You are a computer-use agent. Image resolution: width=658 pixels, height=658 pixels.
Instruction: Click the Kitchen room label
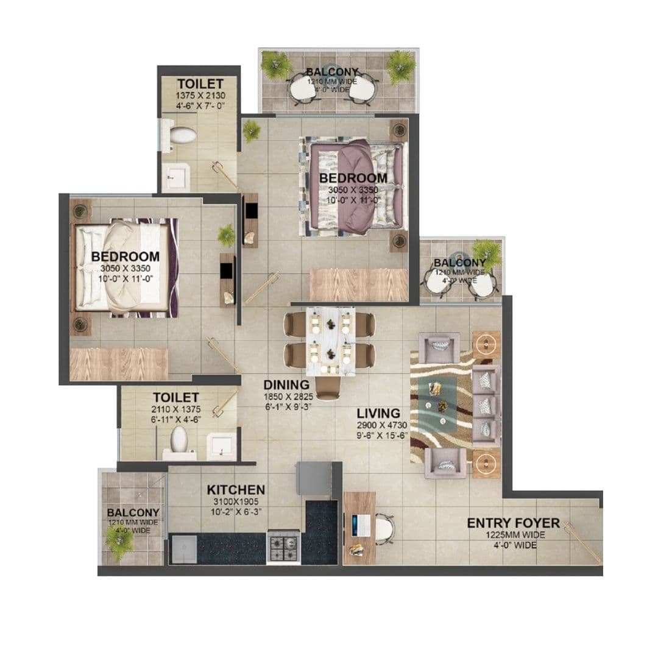236,490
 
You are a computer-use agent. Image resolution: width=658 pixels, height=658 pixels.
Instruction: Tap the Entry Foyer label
513,523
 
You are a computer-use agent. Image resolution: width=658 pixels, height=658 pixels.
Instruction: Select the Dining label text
286,385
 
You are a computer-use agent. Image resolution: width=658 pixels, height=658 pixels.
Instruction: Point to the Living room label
378,412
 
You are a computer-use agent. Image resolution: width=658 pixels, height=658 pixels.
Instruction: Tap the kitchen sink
183,549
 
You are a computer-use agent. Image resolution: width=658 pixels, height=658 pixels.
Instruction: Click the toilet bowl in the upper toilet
182,135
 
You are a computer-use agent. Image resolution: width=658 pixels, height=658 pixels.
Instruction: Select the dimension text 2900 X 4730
382,425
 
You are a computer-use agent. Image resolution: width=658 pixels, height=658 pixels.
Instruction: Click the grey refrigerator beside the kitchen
313,479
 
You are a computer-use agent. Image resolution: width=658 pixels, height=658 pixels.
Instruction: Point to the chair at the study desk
384,528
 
